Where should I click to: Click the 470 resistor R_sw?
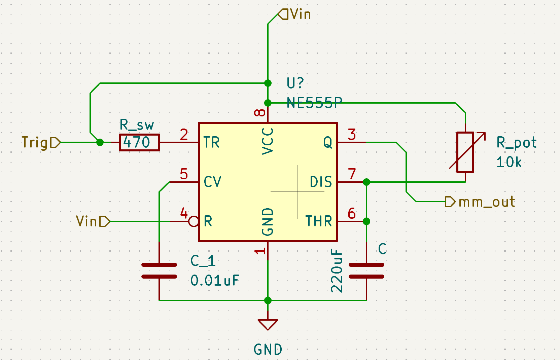pos(139,143)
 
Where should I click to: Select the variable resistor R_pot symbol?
pos(465,152)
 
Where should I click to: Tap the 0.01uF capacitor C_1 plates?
pos(159,271)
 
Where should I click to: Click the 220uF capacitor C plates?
pos(366,271)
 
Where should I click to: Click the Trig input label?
pos(41,143)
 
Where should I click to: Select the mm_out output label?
pos(480,202)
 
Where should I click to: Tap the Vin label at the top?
pos(294,14)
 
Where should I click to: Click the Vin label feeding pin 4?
pos(93,221)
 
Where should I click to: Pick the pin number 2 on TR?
pos(184,135)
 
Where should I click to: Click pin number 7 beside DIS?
pos(352,174)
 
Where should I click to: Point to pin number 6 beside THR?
pos(352,213)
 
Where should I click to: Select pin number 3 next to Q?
pos(352,135)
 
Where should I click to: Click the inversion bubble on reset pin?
pos(194,221)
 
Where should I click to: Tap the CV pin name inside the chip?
pos(212,182)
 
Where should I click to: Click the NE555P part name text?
pos(314,103)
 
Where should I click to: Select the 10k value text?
pos(509,162)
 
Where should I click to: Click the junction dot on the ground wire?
pos(268,300)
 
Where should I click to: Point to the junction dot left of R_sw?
pos(100,143)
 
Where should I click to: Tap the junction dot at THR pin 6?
pos(366,221)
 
